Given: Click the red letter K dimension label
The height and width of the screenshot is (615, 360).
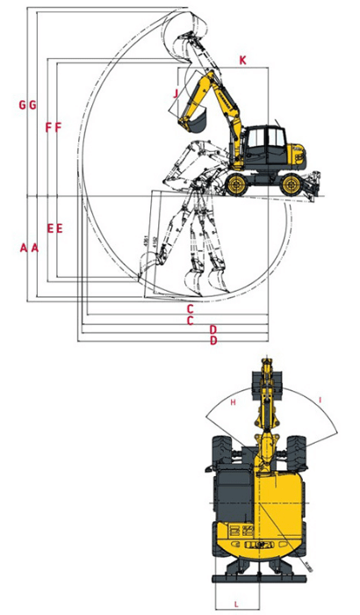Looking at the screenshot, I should coord(242,59).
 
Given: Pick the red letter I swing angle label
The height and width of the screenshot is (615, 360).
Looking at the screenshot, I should coord(320,401).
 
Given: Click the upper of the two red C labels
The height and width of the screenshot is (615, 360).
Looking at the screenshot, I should coord(190,308).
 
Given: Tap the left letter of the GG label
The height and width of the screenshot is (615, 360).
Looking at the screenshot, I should coord(22,105).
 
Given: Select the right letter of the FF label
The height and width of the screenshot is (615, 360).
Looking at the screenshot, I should coord(59,127).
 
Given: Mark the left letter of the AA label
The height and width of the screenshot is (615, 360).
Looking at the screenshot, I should coord(23,248).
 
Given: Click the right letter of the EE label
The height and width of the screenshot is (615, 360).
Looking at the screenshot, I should coord(60,228).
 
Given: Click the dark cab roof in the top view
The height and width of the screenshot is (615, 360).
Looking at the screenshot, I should coord(231,496).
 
